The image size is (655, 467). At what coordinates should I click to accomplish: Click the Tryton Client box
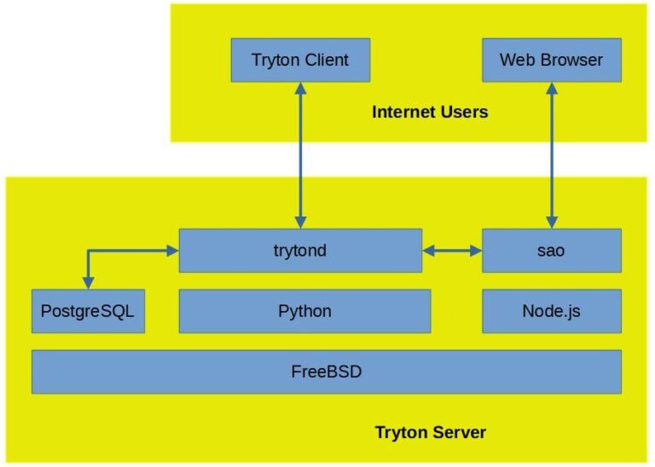[300, 60]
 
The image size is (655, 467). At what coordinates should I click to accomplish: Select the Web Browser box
[551, 60]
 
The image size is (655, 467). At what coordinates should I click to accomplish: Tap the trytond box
[300, 251]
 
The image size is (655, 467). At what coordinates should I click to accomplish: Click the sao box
[551, 251]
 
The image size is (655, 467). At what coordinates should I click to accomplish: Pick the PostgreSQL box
[87, 311]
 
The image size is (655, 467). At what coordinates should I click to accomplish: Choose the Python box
[304, 311]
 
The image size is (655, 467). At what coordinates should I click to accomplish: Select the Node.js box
[551, 311]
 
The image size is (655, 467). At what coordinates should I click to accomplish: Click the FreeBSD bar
[326, 372]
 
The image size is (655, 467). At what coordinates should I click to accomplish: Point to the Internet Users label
[430, 112]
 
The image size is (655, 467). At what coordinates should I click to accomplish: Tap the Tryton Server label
[431, 433]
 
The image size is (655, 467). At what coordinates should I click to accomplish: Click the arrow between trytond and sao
[452, 251]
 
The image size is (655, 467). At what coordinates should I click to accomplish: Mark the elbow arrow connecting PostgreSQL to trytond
[119, 251]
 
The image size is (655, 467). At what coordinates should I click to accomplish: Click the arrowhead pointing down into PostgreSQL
[87, 282]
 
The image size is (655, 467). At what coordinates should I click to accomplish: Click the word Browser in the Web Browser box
[573, 60]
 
